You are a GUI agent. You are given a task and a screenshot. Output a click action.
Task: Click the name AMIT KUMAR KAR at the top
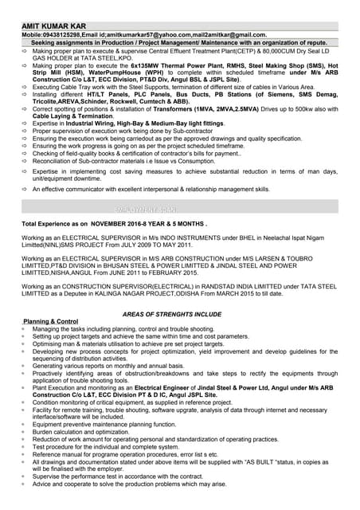tap(53, 26)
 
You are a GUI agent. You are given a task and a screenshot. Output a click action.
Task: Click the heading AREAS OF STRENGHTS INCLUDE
tap(172, 314)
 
